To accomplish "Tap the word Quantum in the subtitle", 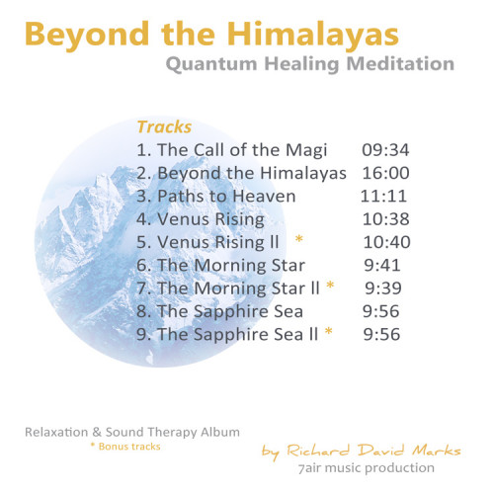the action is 211,64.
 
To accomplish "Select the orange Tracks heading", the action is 164,127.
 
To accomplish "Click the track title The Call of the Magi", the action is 242,150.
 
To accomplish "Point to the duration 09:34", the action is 385,150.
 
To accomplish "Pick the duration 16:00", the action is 386,173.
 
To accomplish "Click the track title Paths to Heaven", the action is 226,197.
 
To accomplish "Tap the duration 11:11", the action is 383,197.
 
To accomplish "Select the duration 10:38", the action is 386,219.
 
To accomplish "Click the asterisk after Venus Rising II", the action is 299,239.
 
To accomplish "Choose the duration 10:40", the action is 387,242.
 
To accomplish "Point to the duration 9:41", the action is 382,266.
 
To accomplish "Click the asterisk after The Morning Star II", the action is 330,285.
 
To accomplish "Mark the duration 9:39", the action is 383,288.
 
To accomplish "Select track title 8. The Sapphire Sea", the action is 219,311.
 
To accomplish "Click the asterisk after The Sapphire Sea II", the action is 328,331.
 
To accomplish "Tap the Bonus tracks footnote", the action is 125,447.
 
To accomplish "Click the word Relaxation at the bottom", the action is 56,432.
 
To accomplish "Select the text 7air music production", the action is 366,468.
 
